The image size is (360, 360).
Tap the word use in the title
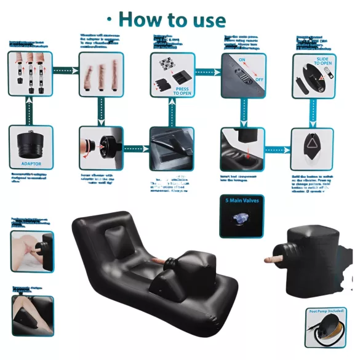207,20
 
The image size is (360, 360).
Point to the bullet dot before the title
109,19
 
